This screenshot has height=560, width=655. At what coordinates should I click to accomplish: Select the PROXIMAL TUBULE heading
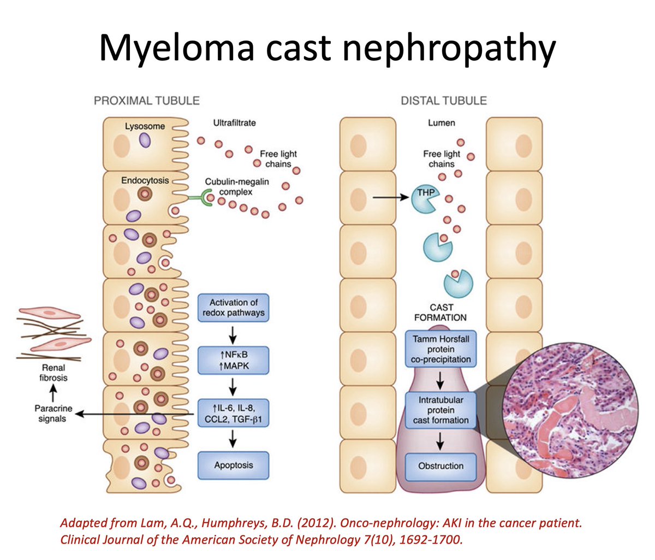147,101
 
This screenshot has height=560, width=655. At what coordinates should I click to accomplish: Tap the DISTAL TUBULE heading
443,101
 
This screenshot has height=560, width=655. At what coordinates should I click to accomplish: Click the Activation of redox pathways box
234,308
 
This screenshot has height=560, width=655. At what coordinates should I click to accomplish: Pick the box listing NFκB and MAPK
234,361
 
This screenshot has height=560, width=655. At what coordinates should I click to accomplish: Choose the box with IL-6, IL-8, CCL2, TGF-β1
234,414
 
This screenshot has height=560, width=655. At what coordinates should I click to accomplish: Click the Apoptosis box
234,466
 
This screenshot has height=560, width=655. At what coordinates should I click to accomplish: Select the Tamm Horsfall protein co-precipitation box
440,349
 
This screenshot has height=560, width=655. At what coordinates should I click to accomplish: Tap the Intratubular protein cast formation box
440,410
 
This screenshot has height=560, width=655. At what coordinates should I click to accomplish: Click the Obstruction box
440,466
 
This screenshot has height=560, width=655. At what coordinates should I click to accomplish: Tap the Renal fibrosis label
53,373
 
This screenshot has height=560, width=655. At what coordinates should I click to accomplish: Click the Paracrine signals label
52,414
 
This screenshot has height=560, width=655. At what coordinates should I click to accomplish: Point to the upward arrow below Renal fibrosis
52,393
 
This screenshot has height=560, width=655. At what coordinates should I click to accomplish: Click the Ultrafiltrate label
234,123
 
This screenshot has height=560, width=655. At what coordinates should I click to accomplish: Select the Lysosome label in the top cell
144,126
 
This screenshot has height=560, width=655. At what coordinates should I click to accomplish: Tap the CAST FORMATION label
440,312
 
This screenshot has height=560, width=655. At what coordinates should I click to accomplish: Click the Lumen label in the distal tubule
441,123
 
